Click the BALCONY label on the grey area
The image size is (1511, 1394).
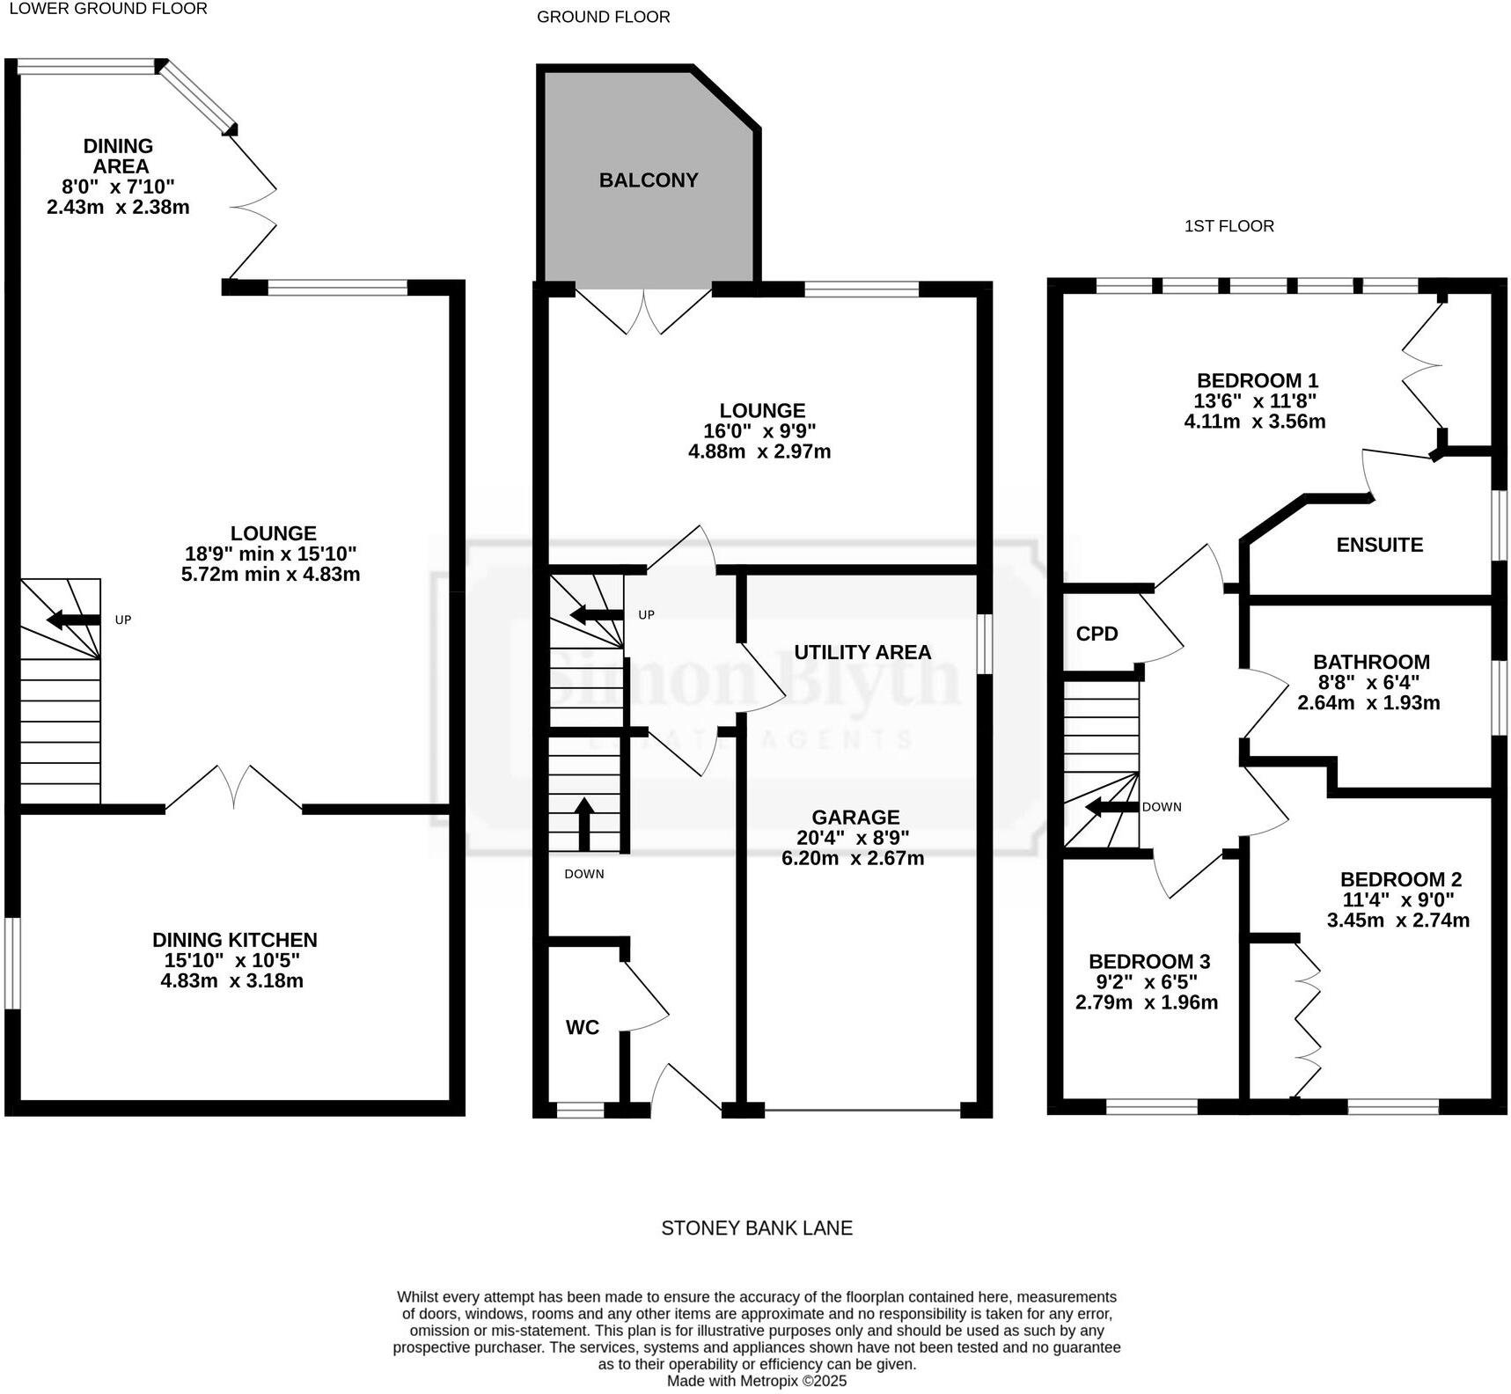(649, 180)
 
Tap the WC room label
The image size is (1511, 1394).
(582, 1027)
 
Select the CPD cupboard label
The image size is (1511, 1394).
(1097, 634)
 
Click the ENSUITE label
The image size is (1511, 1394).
(1379, 545)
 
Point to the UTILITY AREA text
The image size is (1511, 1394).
(862, 652)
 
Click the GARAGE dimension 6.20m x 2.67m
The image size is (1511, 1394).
(853, 858)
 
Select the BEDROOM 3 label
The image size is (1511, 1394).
(1149, 961)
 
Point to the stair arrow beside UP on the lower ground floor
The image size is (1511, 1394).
(72, 620)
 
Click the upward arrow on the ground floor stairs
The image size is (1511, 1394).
(584, 822)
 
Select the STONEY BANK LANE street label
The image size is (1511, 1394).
(756, 1228)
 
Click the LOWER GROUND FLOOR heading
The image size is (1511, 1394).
(107, 9)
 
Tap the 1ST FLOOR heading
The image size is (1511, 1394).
(1229, 226)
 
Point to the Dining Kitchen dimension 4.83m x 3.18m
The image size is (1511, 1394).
(231, 980)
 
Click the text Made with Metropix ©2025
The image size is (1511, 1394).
(756, 1381)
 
